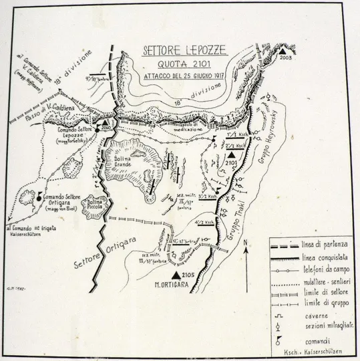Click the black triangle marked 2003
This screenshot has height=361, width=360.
pyautogui.click(x=285, y=51)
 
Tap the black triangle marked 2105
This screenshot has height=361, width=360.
pyautogui.click(x=176, y=274)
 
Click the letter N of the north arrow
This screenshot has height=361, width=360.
pyautogui.click(x=245, y=243)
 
